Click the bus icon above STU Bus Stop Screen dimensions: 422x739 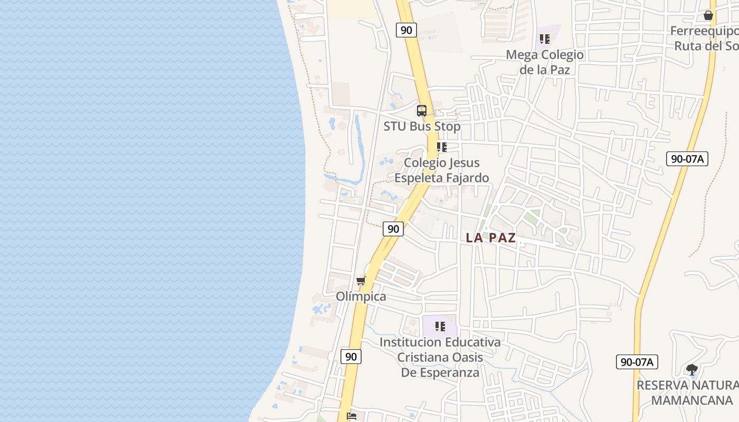(421, 111)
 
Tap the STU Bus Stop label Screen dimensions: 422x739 (422, 127)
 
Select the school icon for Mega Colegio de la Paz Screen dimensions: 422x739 (545, 39)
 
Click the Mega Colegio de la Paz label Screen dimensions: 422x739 (545, 62)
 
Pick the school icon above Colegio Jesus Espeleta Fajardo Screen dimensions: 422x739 (441, 147)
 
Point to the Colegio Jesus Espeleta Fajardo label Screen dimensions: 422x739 (442, 170)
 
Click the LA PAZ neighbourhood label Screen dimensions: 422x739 (490, 238)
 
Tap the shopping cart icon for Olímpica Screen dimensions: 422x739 (361, 281)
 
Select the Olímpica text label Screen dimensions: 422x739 (361, 296)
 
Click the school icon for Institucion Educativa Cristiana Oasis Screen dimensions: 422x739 (440, 327)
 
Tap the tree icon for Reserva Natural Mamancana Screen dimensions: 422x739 (691, 370)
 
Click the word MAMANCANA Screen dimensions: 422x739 (691, 400)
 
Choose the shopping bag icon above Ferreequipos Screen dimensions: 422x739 (708, 15)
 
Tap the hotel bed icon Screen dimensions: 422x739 (352, 416)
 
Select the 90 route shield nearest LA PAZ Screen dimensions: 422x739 (393, 228)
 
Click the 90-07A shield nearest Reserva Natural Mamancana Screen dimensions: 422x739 (637, 362)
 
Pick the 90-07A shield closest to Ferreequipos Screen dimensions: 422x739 (687, 158)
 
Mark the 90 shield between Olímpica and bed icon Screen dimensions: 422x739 (351, 357)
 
